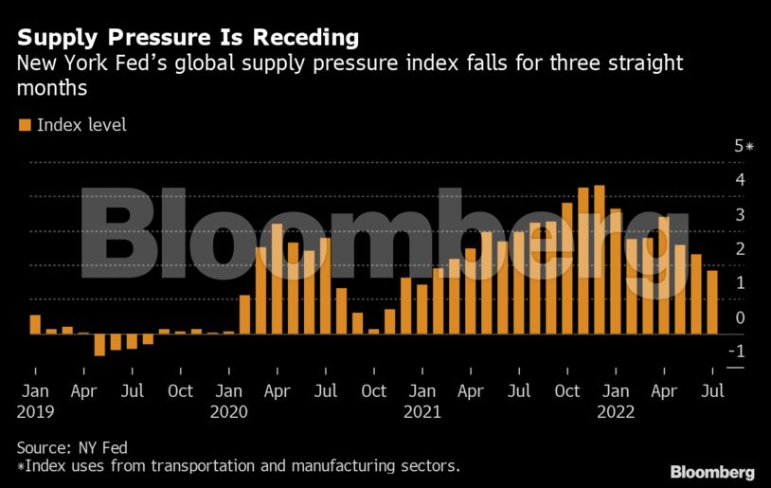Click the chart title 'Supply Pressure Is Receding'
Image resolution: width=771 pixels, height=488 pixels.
click(x=188, y=38)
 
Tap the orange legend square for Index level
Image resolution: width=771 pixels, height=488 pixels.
click(x=24, y=125)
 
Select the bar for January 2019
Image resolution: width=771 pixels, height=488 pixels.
click(x=35, y=324)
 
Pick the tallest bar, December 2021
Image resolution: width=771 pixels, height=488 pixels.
click(x=599, y=260)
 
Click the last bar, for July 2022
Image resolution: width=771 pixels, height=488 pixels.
click(x=711, y=302)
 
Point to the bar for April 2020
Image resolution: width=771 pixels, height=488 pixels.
click(x=277, y=279)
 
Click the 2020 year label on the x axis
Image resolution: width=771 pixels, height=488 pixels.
click(x=228, y=412)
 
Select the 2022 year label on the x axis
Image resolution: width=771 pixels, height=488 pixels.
click(x=615, y=412)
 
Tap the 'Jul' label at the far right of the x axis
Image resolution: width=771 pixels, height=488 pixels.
click(x=712, y=391)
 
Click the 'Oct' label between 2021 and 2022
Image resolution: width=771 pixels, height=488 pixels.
click(x=567, y=391)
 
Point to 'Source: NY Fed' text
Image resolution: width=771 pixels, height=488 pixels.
click(x=72, y=447)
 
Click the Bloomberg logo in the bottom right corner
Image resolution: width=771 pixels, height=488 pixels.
click(x=712, y=472)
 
